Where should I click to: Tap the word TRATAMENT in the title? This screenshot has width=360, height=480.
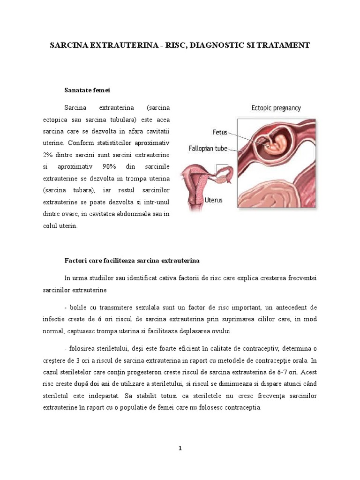point(283,45)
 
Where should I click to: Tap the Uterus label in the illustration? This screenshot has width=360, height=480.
point(214,200)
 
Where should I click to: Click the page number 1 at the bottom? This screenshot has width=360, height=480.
point(180,448)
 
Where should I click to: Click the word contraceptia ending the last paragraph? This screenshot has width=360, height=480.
point(240,407)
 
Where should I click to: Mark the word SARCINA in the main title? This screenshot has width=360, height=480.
point(69,45)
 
